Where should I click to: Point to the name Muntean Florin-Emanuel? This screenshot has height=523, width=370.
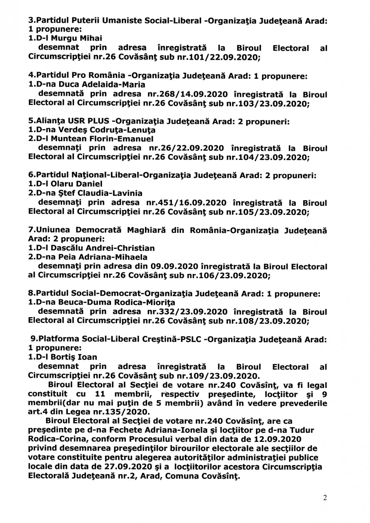pos(99,139)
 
